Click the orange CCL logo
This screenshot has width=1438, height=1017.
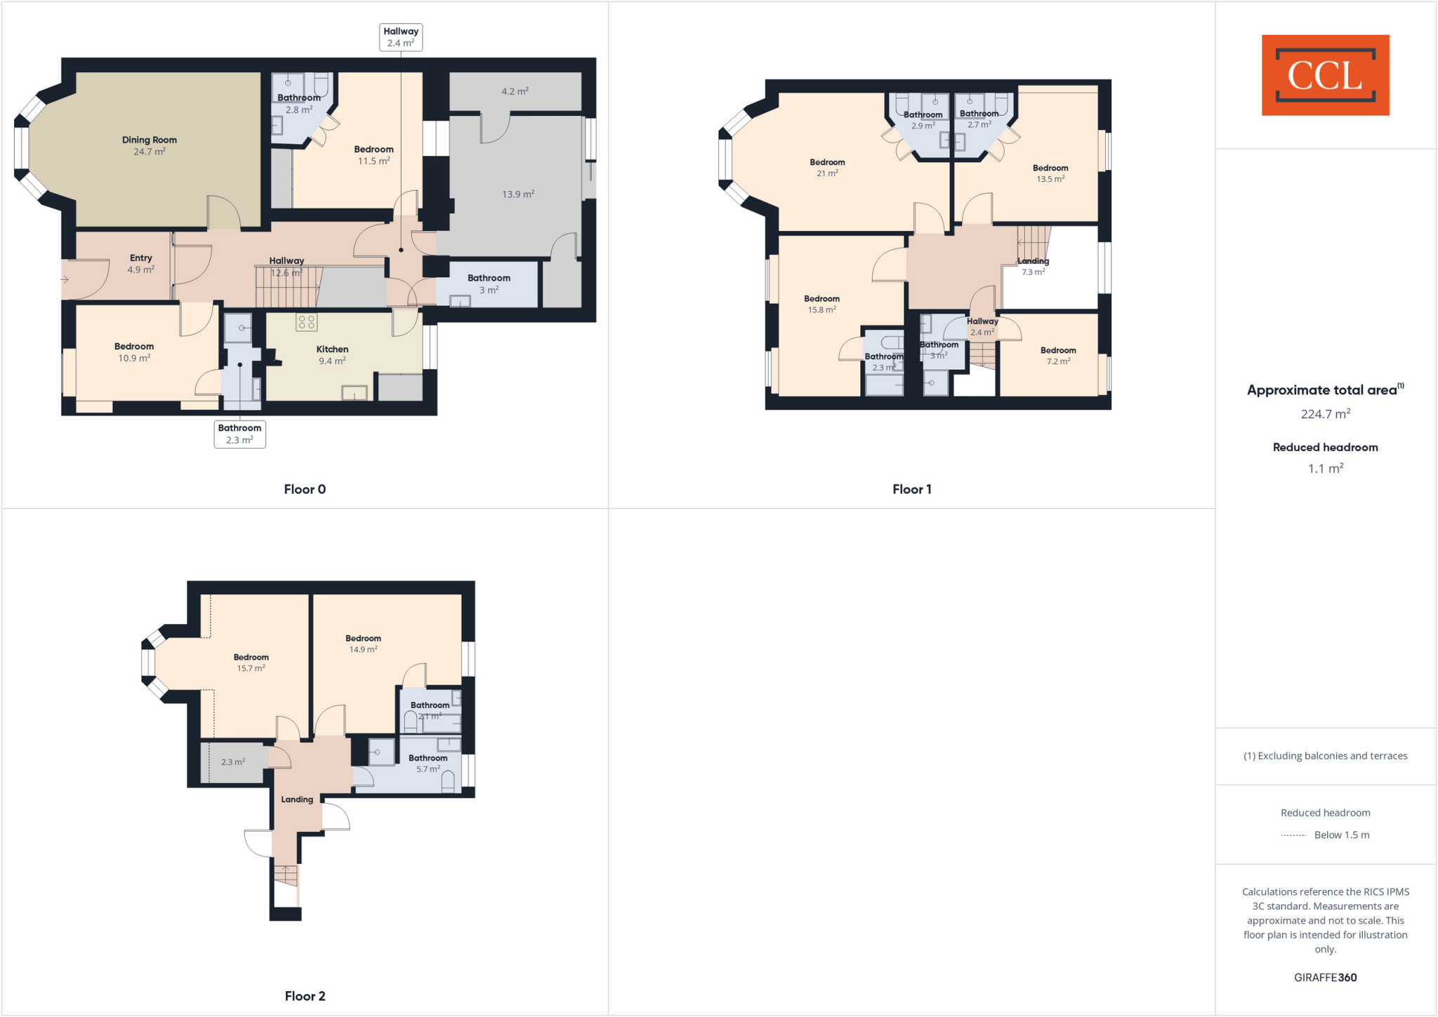(x=1325, y=75)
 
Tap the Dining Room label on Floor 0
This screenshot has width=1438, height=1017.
(x=150, y=145)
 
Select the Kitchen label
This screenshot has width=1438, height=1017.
(x=332, y=354)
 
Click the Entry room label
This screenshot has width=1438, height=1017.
(x=140, y=263)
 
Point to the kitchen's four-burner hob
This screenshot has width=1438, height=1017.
(x=307, y=322)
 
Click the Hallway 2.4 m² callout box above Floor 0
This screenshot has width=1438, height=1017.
(x=401, y=37)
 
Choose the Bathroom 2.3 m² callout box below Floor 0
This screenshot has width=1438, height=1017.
(x=239, y=434)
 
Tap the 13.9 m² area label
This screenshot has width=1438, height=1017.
(x=518, y=194)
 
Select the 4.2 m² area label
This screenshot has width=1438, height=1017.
(x=515, y=91)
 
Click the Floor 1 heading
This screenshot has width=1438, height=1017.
(x=911, y=489)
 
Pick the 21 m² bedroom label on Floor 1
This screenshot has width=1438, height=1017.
(x=827, y=167)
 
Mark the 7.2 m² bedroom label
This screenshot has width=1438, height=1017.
(x=1058, y=356)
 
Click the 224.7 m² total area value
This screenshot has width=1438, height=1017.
(x=1325, y=413)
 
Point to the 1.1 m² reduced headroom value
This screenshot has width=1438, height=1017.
(x=1325, y=468)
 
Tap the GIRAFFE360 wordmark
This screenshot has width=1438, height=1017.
(x=1325, y=977)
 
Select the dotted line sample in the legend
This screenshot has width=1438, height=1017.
(x=1293, y=835)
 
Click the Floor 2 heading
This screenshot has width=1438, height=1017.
(x=305, y=996)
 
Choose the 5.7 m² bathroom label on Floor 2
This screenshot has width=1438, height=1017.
(x=428, y=764)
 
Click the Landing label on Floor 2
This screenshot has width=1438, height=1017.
(x=297, y=799)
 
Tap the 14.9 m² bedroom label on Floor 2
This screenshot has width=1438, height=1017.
(x=363, y=644)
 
